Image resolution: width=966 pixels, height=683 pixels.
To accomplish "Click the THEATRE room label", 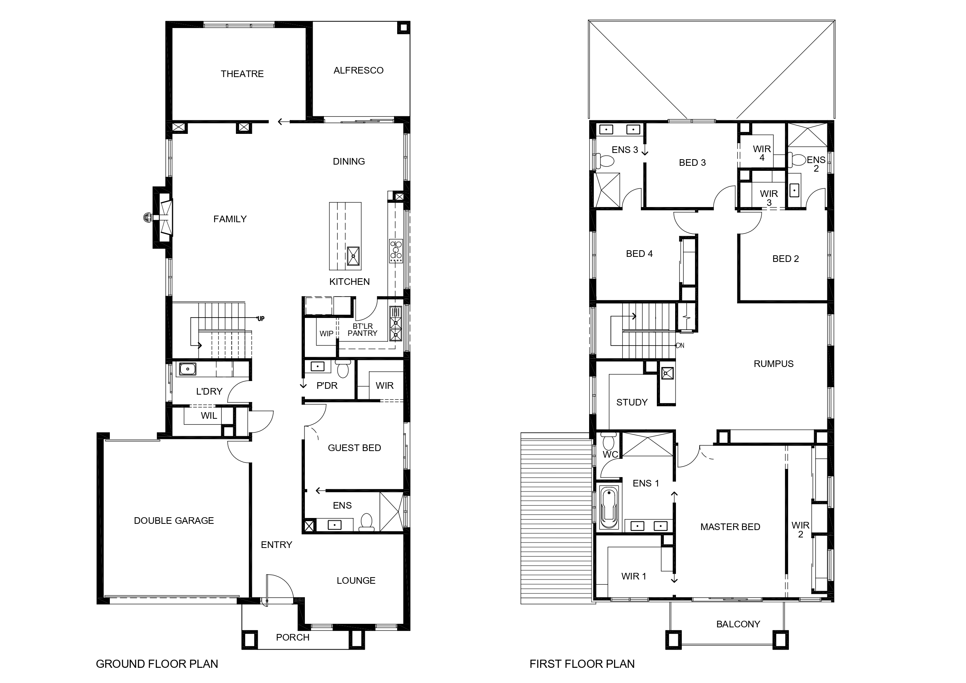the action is tap(242, 74).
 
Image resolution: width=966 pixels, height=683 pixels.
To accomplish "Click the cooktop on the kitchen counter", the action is tap(396, 251).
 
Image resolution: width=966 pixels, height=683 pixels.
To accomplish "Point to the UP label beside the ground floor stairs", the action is tap(261, 319).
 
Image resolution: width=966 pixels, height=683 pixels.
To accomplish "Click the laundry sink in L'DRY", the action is tap(188, 369).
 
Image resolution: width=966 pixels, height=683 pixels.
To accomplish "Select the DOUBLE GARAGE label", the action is tap(174, 521).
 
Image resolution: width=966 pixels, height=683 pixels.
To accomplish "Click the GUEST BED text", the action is tap(354, 448).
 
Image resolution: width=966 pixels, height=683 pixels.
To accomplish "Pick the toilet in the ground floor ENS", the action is tap(366, 522).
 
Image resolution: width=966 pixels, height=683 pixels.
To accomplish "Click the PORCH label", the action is tap(292, 637).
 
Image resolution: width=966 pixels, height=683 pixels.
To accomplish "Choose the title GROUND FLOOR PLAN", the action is tap(157, 664).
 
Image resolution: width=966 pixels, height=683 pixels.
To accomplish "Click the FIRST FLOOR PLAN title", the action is tap(582, 664).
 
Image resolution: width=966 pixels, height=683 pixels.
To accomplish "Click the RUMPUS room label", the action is tap(773, 364).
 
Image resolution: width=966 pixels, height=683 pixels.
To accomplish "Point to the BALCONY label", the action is tap(738, 624).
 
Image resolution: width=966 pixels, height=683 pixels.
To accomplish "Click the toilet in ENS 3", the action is tap(605, 160).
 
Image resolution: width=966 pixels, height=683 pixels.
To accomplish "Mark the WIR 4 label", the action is tap(762, 153).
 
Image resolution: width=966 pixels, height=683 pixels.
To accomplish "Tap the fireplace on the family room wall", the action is tap(163, 218).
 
